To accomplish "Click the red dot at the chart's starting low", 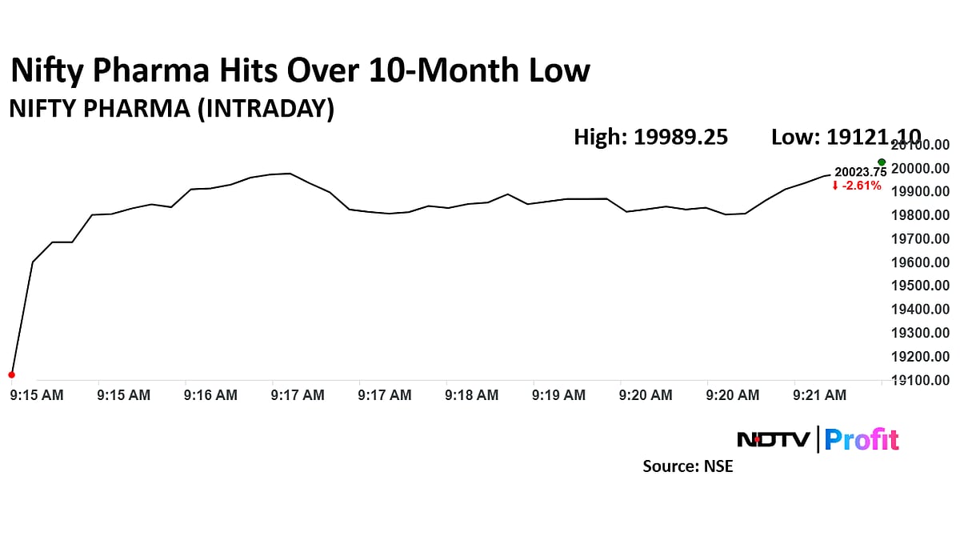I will point(11,374).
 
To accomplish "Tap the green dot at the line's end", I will point(882,162).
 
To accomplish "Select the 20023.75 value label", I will point(860,171).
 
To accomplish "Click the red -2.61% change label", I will point(857,186).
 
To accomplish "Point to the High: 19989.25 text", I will point(650,137).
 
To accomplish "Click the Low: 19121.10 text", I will point(846,137).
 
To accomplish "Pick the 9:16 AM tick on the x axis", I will point(210,394).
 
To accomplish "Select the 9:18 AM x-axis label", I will point(472,394).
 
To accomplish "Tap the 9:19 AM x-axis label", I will point(558,394).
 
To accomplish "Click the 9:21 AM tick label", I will point(819,394).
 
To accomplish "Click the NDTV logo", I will point(772,439).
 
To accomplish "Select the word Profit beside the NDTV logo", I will point(862,439).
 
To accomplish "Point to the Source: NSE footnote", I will point(687,466).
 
